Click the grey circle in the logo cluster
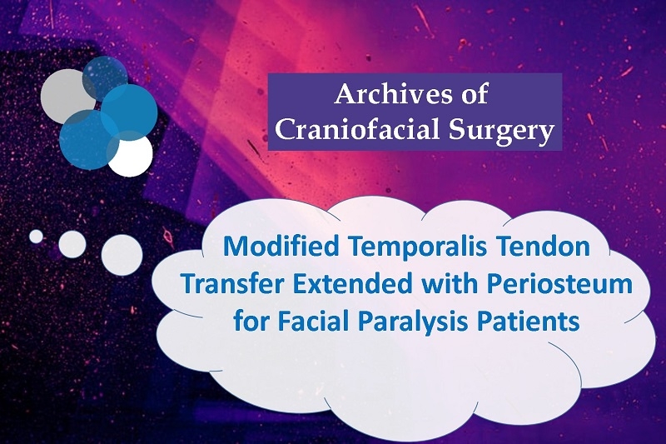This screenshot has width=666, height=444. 64,96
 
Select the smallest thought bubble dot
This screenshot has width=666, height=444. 36,237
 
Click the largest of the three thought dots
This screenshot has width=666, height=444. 122,255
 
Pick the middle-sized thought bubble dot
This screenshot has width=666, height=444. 72,244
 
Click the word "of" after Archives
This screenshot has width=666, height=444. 473,93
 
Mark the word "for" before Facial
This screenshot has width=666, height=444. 252,321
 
